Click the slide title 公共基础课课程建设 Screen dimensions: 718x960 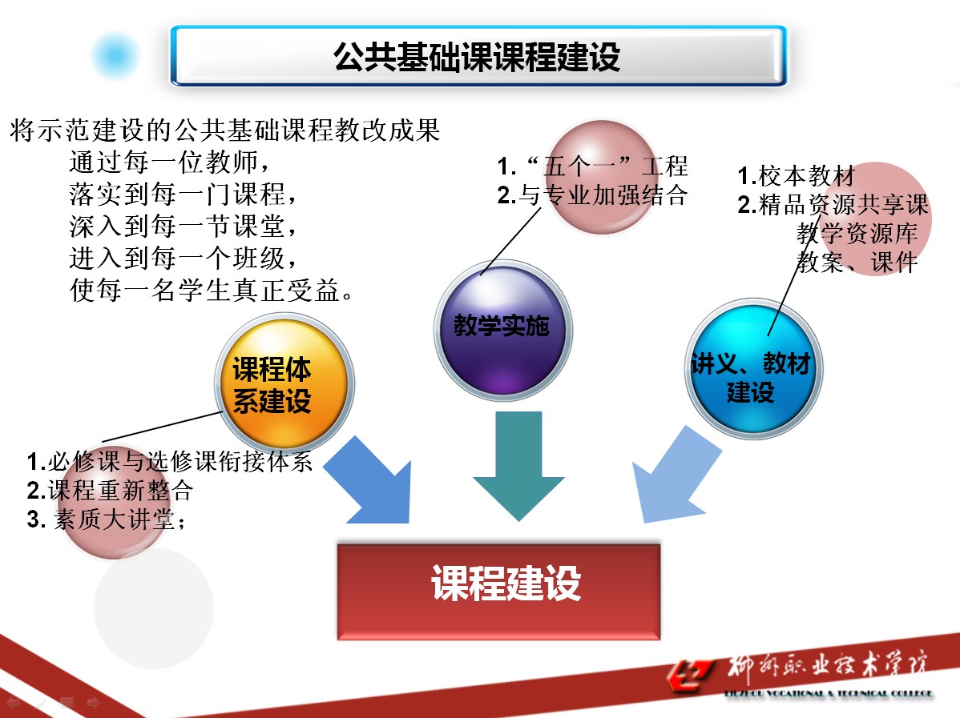pyautogui.click(x=478, y=57)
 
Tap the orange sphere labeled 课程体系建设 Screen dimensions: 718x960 pyautogui.click(x=272, y=386)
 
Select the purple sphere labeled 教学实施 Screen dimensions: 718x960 pyautogui.click(x=502, y=327)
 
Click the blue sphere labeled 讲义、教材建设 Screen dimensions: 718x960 pyautogui.click(x=750, y=376)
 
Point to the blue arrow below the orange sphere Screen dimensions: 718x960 pyautogui.click(x=369, y=480)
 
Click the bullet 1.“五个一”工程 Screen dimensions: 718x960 pyautogui.click(x=592, y=166)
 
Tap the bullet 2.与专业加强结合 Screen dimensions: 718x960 pyautogui.click(x=592, y=195)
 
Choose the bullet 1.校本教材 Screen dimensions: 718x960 pyautogui.click(x=797, y=175)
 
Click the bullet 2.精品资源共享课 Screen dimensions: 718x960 pyautogui.click(x=833, y=205)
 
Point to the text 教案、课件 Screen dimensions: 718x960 pyautogui.click(x=857, y=263)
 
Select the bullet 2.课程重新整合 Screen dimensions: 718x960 pyautogui.click(x=110, y=490)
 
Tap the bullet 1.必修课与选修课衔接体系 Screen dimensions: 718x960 pyautogui.click(x=169, y=462)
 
